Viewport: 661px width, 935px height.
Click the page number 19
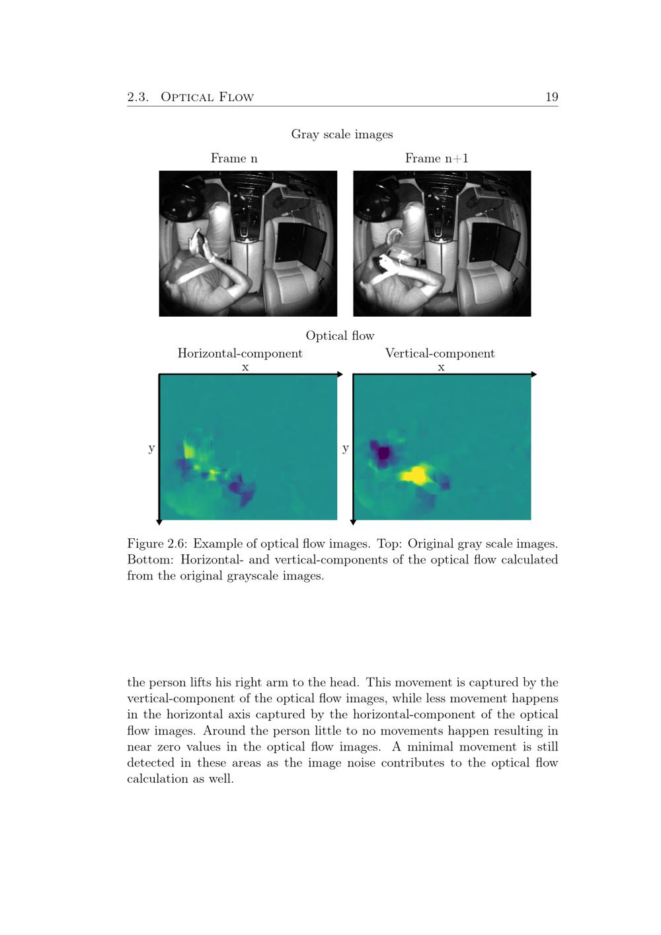pyautogui.click(x=551, y=97)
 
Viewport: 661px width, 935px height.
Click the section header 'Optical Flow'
pyautogui.click(x=207, y=97)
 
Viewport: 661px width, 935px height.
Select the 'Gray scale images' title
pyautogui.click(x=342, y=134)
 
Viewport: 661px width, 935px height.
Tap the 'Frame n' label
pyautogui.click(x=234, y=158)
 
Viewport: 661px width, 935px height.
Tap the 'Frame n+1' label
pyautogui.click(x=436, y=158)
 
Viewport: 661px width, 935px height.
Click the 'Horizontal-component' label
pyautogui.click(x=240, y=353)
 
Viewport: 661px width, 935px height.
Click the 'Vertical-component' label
pyautogui.click(x=440, y=353)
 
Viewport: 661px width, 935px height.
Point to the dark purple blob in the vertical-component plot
pyautogui.click(x=382, y=453)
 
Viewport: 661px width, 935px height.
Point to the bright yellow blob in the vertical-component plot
pyautogui.click(x=415, y=475)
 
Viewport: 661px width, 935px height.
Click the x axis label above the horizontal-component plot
pyautogui.click(x=245, y=367)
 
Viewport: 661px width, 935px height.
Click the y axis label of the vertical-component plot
pyautogui.click(x=346, y=448)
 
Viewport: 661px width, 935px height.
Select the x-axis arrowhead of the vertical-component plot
pyautogui.click(x=533, y=375)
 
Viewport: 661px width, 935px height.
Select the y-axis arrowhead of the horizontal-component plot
pyautogui.click(x=159, y=522)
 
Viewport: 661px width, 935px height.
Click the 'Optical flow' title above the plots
pyautogui.click(x=340, y=336)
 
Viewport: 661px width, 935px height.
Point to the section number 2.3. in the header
pyautogui.click(x=137, y=97)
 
